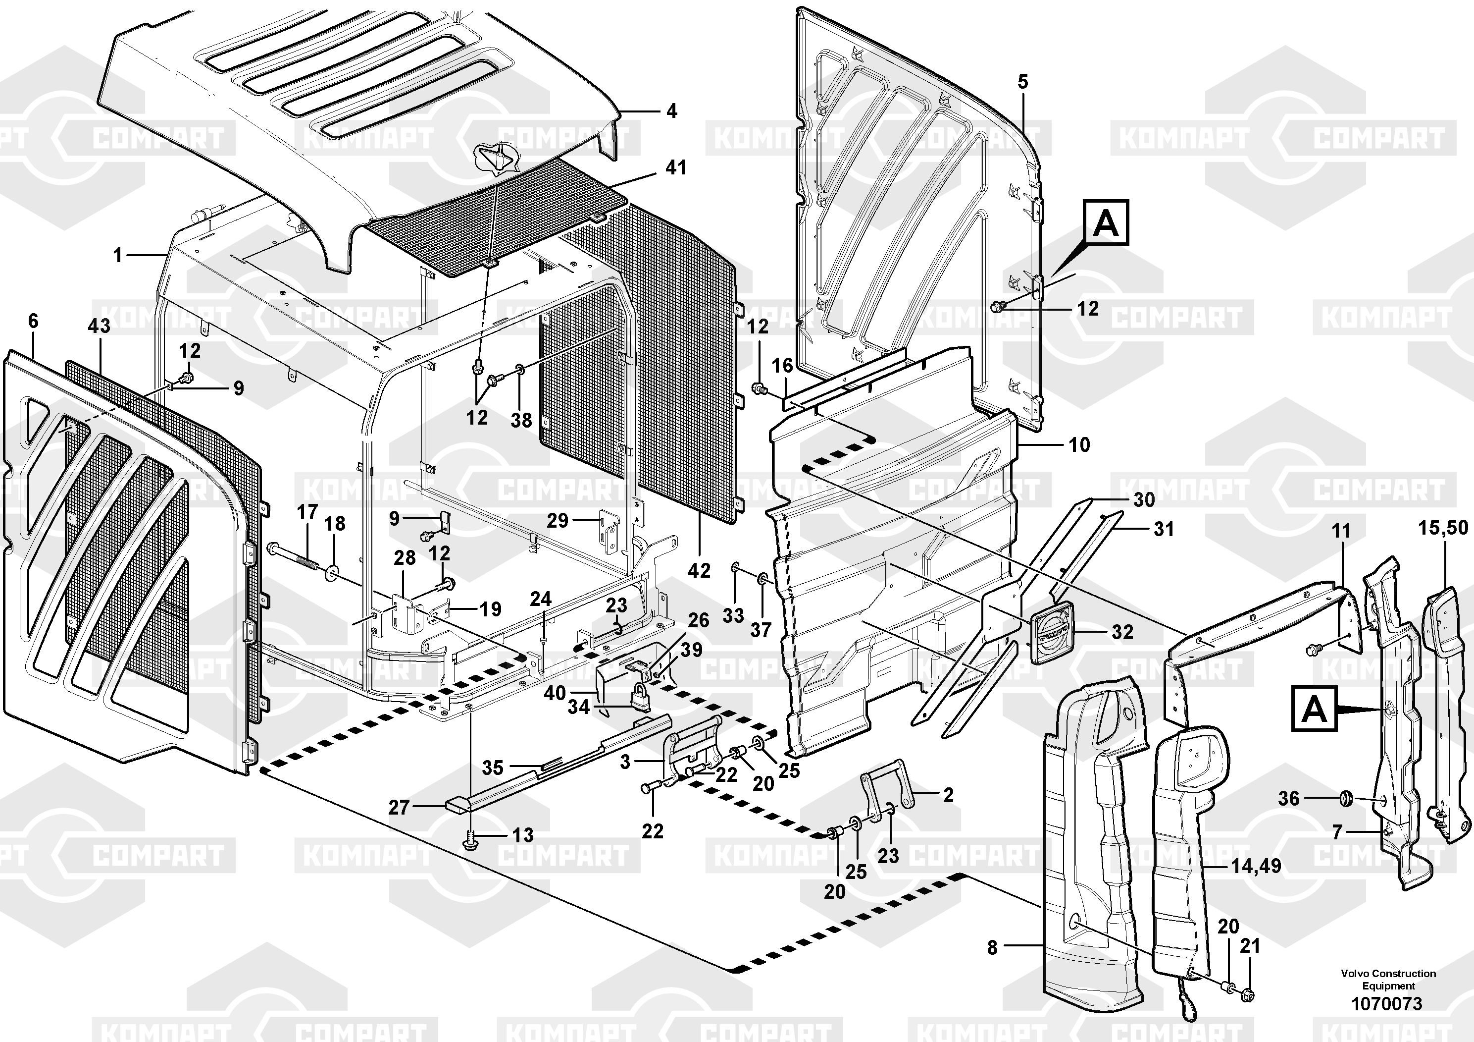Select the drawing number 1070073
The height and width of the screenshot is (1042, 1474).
pos(1387,1003)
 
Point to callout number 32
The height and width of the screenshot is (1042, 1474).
pos(1122,632)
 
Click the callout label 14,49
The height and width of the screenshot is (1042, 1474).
pos(1256,866)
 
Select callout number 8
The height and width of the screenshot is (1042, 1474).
pos(993,947)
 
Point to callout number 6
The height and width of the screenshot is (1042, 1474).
pos(33,321)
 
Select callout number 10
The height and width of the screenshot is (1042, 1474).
pos(1079,444)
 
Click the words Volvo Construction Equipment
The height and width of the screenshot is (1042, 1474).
pos(1388,980)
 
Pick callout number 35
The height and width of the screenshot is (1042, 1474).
pos(493,767)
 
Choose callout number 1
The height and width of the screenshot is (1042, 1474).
pos(117,256)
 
